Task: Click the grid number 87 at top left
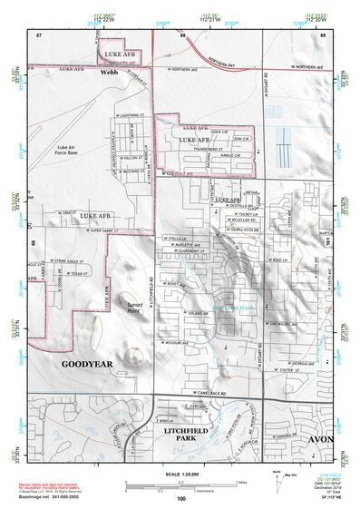point(39,34)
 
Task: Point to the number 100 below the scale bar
point(181,498)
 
